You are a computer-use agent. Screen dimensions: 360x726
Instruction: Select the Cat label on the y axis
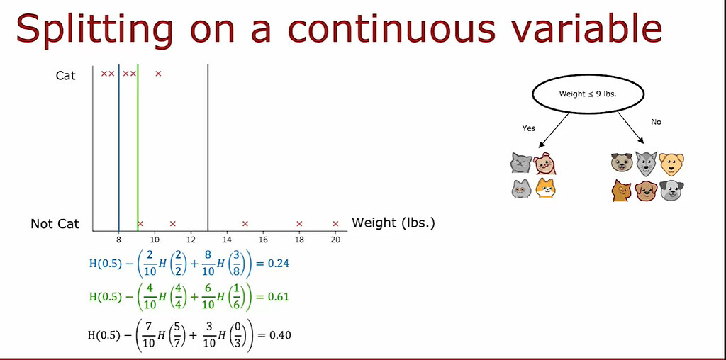(x=66, y=75)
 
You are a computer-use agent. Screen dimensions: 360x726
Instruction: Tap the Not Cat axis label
(x=55, y=224)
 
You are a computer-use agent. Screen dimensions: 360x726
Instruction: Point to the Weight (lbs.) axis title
(x=393, y=223)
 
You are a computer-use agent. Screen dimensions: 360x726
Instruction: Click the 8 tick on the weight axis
(x=118, y=240)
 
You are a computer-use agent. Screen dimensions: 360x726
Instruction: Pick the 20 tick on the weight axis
(x=335, y=240)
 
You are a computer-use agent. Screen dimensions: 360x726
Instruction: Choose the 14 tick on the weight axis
(x=227, y=240)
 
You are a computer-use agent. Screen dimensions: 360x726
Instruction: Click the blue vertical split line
(x=119, y=142)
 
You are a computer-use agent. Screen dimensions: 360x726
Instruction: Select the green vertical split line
(x=138, y=142)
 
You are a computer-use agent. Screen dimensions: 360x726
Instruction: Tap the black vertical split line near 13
(x=208, y=142)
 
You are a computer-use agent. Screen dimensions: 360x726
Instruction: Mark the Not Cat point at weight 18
(x=299, y=224)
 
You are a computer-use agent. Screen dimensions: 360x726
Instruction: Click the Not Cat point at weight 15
(x=245, y=224)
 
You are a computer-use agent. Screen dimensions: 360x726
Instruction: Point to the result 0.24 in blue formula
(x=279, y=264)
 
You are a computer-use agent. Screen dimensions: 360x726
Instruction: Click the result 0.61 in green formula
(x=279, y=297)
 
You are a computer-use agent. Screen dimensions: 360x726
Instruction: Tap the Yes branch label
(x=529, y=128)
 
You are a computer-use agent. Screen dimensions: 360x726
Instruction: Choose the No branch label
(x=656, y=122)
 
